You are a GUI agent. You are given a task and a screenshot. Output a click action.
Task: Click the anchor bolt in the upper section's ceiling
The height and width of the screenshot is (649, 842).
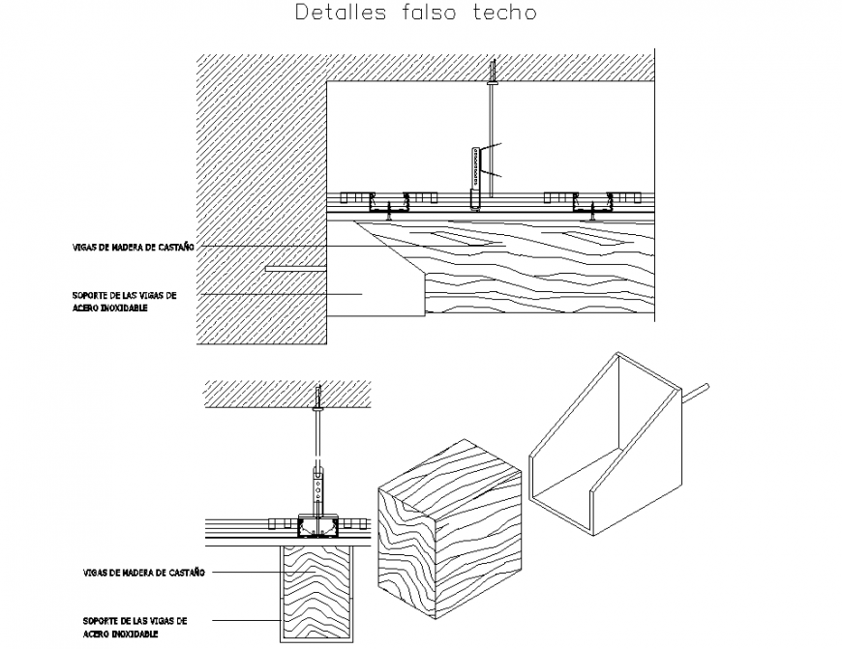click(494, 73)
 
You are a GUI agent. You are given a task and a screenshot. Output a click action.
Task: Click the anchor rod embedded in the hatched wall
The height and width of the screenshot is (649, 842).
click(294, 268)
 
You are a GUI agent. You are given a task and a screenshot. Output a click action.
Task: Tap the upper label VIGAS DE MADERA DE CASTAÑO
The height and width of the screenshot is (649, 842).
click(134, 248)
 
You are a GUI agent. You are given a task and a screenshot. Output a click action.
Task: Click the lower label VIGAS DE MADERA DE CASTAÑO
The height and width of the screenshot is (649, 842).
click(143, 573)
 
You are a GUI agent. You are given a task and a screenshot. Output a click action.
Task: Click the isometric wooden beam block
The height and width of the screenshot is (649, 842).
click(448, 533)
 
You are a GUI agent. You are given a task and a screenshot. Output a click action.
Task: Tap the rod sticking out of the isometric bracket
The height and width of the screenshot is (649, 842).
click(699, 393)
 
